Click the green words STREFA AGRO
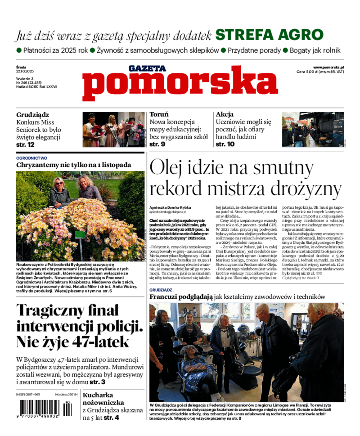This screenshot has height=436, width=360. click(x=269, y=35)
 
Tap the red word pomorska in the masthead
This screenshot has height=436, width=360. click(x=180, y=84)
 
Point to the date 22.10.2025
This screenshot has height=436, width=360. click(x=25, y=72)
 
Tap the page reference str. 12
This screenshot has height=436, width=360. click(x=25, y=144)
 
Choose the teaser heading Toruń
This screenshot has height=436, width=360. click(x=159, y=114)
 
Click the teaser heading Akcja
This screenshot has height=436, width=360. click(x=225, y=114)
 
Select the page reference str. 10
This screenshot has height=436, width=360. click(x=225, y=144)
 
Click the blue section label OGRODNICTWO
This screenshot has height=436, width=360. click(x=31, y=158)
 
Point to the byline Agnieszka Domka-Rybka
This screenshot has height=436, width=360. click(x=168, y=207)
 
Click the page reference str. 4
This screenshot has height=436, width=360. click(x=112, y=418)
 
